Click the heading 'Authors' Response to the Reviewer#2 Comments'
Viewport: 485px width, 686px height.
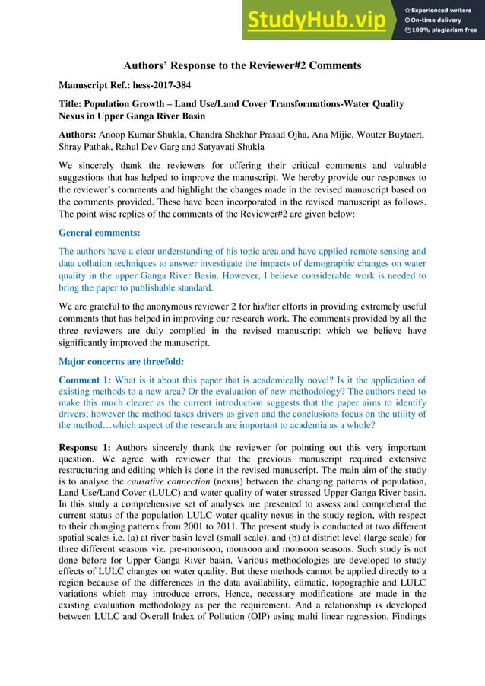pos(242,65)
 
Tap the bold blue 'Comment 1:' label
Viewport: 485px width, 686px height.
pos(85,378)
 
